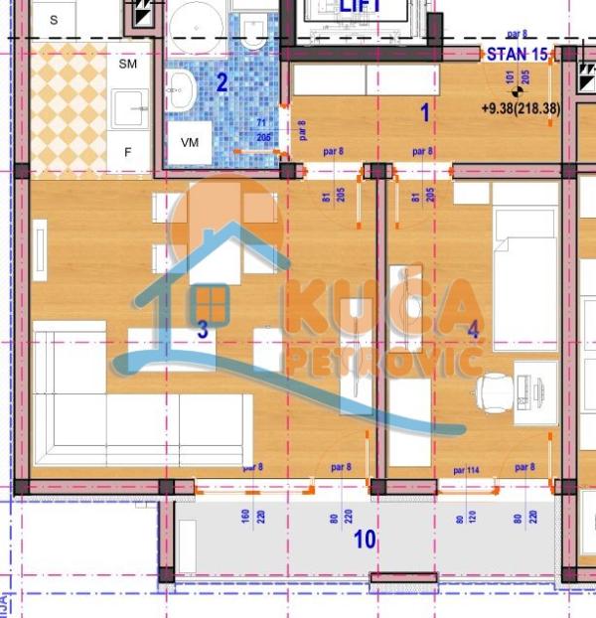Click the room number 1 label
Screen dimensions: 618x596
[425, 113]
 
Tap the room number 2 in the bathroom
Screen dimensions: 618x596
[223, 82]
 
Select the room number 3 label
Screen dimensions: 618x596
[202, 331]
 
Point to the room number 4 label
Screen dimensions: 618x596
[473, 329]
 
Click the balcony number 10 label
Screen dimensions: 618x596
[365, 540]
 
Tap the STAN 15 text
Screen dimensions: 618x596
[517, 54]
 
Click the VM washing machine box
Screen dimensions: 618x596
[190, 143]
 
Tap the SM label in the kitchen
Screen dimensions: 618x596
[128, 64]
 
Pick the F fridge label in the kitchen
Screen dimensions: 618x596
[128, 152]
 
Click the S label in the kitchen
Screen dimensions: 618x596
[54, 19]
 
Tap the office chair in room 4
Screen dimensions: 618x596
[496, 390]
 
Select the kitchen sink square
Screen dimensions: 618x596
[129, 107]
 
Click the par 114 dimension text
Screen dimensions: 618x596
[466, 469]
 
